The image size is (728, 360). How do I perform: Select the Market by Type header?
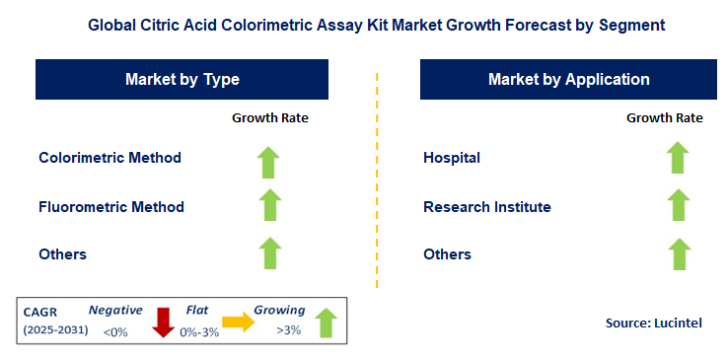pos(182,79)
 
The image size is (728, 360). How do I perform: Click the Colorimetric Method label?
pos(109,158)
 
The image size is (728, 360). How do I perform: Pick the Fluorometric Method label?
pos(111,207)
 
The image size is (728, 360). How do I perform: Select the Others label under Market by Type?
pos(63,254)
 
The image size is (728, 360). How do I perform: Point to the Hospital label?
pos(452,158)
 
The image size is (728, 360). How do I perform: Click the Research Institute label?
pos(487,207)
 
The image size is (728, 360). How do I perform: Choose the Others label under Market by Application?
pos(447,254)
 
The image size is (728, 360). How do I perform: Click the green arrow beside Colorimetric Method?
pos(270,159)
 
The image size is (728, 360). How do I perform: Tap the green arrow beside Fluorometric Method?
pos(270,207)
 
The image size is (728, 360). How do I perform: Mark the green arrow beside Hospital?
pos(677,158)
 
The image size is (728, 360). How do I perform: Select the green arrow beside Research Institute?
pos(677,206)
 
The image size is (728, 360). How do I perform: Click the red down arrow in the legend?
pos(164,322)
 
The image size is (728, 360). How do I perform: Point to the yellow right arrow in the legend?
pos(238,321)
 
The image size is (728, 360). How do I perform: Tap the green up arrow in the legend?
pos(325,322)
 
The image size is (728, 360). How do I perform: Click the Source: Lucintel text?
pos(653,323)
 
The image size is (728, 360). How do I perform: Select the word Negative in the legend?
pos(114,310)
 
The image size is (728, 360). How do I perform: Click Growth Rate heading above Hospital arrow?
pos(664,117)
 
